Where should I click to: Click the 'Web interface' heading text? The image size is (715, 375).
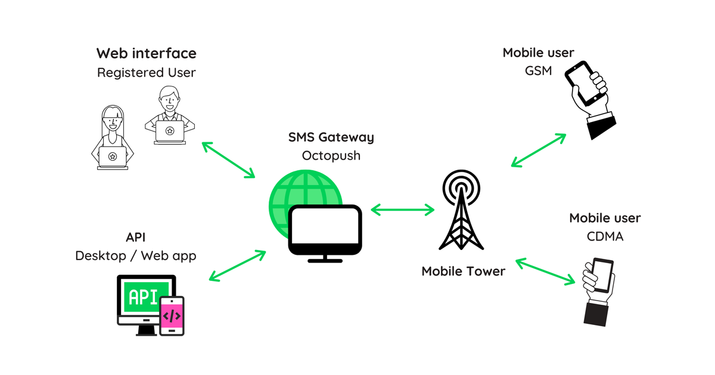click(147, 53)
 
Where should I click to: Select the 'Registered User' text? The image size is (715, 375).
click(147, 73)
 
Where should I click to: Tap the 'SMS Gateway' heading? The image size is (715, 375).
click(331, 137)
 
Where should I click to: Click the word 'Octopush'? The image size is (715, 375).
click(331, 156)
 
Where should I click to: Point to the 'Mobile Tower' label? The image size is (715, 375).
click(463, 271)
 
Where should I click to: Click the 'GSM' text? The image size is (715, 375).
click(538, 71)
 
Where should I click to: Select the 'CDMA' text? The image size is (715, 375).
click(605, 237)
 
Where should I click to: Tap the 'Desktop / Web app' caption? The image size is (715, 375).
click(135, 256)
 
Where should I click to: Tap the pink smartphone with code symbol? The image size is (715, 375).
click(172, 315)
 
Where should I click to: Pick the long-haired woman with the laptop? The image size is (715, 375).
click(112, 140)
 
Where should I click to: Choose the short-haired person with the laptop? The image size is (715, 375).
click(170, 116)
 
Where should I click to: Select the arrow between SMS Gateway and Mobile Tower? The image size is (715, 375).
click(403, 210)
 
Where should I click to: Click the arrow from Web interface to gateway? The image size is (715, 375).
click(228, 160)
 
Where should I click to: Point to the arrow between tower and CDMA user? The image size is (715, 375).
click(548, 271)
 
